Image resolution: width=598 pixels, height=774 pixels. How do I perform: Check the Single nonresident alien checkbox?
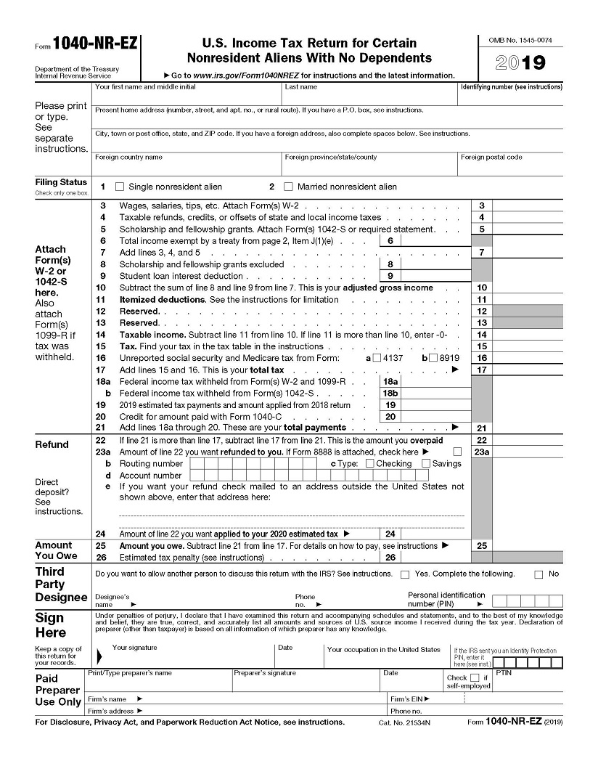120,187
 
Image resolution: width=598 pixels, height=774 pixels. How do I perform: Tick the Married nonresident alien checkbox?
288,187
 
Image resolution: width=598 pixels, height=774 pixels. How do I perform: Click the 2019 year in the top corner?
520,63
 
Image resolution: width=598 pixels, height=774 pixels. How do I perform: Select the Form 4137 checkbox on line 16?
377,358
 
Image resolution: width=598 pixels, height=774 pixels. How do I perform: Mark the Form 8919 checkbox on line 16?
433,358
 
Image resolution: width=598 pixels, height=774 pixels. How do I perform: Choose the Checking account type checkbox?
370,463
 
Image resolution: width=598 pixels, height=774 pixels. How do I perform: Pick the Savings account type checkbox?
426,463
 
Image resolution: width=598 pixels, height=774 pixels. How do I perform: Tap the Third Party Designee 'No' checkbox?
538,574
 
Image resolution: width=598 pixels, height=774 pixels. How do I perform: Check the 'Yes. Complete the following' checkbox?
405,574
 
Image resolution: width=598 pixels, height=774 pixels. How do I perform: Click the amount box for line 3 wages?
527,206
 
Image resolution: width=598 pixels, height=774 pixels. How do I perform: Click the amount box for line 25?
527,545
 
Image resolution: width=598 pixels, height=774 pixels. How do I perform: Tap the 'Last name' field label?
300,87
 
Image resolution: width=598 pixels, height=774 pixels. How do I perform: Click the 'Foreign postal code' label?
491,158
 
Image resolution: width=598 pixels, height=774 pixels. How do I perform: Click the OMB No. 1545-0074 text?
520,38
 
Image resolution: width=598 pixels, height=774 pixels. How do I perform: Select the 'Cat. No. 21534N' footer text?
404,723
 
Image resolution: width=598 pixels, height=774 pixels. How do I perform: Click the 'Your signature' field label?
134,648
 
